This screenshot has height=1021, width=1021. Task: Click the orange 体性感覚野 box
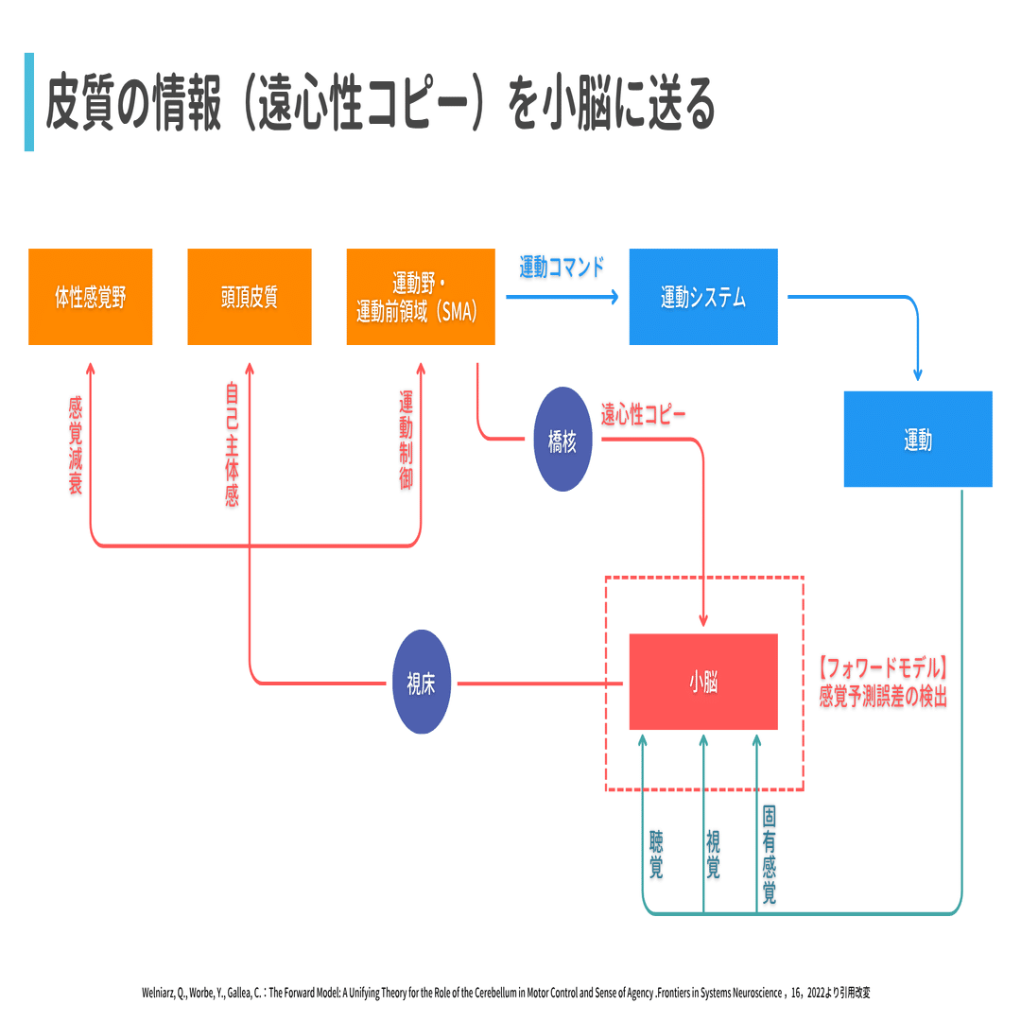tap(91, 297)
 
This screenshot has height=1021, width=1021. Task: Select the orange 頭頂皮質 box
tap(250, 297)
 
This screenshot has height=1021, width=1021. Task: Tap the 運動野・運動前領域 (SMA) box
tap(421, 297)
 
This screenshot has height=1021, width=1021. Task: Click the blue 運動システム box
tap(703, 297)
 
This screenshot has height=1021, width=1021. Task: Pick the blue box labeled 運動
tap(918, 439)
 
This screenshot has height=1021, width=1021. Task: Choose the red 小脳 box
tap(703, 682)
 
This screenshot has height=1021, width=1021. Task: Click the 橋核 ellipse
tap(562, 440)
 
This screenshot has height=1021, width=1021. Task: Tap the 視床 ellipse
tap(422, 682)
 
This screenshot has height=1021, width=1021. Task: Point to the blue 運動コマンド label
tap(562, 267)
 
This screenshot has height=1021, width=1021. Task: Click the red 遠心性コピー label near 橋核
tap(643, 414)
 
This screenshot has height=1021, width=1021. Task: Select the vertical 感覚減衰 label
tap(76, 446)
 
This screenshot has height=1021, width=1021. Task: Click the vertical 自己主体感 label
tap(233, 444)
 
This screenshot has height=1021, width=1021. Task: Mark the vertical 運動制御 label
tap(407, 441)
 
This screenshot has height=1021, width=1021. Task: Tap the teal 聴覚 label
tap(656, 855)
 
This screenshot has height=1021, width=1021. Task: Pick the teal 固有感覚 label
tap(769, 855)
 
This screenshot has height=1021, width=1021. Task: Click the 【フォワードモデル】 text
tap(882, 668)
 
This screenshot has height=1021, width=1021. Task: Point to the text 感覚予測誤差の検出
tap(883, 696)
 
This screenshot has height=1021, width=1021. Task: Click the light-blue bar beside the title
tap(29, 102)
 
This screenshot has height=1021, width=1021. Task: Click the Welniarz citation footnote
tap(506, 993)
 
